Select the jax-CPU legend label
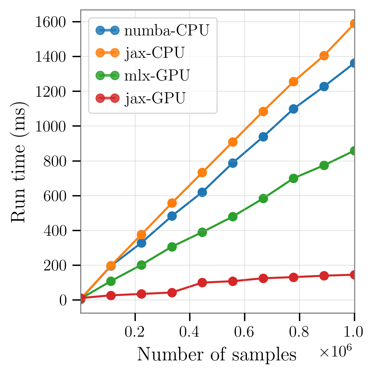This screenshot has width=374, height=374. click(x=155, y=53)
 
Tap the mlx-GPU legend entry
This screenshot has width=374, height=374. click(x=157, y=75)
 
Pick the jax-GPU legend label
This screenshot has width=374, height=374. click(x=155, y=98)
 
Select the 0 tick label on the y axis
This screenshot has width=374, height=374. click(x=63, y=300)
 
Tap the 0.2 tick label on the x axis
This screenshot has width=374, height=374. click(x=135, y=332)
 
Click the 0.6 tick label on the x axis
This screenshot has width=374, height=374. click(x=244, y=332)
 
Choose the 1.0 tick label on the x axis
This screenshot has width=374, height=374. click(x=354, y=332)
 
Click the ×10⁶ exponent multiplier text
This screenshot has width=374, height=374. click(x=335, y=352)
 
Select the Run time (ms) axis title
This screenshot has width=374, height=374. click(x=19, y=161)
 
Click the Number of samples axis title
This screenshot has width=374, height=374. click(x=217, y=355)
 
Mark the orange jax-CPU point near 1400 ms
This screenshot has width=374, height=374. click(x=324, y=56)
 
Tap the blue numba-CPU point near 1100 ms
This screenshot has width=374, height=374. click(x=293, y=109)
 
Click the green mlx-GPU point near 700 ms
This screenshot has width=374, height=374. click(x=293, y=178)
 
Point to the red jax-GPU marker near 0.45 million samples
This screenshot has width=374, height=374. click(x=202, y=282)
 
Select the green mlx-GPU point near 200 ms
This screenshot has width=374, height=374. click(x=141, y=265)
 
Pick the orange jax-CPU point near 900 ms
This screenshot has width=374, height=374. click(x=233, y=142)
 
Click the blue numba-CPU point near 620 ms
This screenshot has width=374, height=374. click(x=202, y=192)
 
